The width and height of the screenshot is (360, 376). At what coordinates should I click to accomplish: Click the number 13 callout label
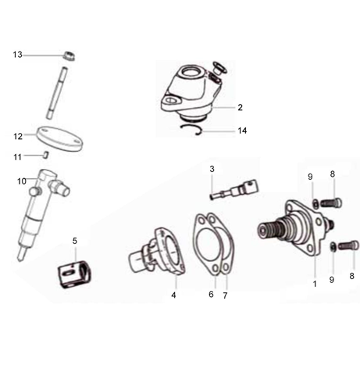tap(18, 54)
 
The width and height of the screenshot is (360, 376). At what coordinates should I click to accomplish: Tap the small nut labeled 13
tap(69, 56)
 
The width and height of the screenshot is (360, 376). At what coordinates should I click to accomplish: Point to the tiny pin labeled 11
tap(46, 155)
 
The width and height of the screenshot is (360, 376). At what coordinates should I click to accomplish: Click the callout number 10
tap(21, 181)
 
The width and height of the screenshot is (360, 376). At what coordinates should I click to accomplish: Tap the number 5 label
tap(75, 241)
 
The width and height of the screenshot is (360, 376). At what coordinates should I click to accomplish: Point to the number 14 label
tap(242, 131)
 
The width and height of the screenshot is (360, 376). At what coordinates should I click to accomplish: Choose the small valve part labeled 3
tap(229, 192)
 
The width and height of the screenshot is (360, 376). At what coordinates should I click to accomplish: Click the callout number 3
tap(211, 169)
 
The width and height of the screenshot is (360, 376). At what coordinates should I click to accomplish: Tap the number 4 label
tap(173, 295)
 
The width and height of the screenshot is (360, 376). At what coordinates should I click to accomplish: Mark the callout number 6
tap(210, 295)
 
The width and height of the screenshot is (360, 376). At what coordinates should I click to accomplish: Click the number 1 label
tap(315, 284)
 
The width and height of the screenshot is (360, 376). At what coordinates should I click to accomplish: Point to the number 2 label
tap(241, 107)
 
